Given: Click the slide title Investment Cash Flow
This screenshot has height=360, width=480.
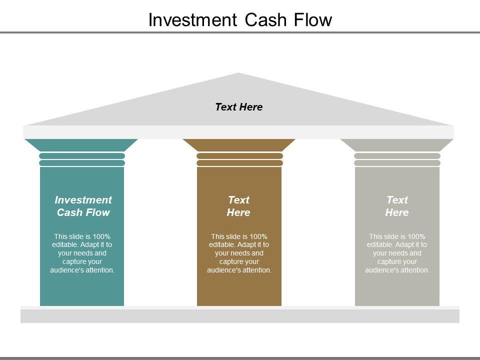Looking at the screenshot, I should click(240, 20).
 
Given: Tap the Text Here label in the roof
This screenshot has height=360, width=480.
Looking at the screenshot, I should click(238, 107).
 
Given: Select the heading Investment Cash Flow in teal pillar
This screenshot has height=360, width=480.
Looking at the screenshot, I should click(83, 206).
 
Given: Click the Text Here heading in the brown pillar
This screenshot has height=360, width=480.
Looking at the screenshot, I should click(238, 206).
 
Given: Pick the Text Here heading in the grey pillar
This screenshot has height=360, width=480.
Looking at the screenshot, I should click(397, 206).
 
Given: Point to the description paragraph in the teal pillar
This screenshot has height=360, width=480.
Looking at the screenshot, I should click(82, 253).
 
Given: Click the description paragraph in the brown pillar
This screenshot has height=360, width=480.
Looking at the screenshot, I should click(239, 253).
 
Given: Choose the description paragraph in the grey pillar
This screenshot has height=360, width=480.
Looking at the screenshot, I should click(397, 253).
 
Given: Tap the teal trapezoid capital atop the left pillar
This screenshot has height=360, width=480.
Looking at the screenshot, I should click(81, 145).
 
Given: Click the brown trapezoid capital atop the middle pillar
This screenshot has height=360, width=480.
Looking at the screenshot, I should click(239, 145).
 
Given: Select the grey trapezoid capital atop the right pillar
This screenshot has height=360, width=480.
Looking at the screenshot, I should click(397, 145).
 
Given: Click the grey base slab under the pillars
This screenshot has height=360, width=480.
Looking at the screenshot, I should click(240, 315).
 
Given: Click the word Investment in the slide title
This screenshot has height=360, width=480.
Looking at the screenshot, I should click(192, 20).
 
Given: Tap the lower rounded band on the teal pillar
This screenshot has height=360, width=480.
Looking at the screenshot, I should click(82, 163).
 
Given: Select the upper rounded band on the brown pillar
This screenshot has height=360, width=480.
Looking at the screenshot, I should click(239, 156).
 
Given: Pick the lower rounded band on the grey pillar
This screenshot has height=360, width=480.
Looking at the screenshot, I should click(397, 163).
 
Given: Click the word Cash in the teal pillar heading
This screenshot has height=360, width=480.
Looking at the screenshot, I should click(69, 212).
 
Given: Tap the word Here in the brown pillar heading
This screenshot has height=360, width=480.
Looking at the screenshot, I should click(238, 212).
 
